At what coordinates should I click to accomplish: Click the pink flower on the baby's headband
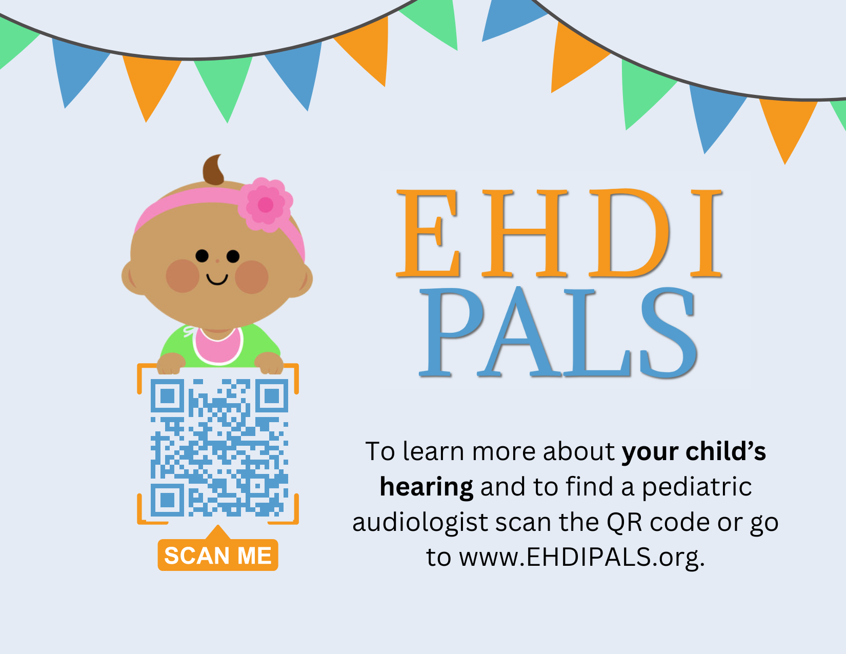pyautogui.click(x=265, y=205)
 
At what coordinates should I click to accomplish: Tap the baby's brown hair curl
pyautogui.click(x=213, y=170)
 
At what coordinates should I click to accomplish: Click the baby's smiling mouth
pyautogui.click(x=217, y=279)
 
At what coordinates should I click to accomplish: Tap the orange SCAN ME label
pyautogui.click(x=217, y=554)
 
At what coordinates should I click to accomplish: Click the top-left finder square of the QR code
pyautogui.click(x=168, y=396)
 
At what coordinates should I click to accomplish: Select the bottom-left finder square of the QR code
pyautogui.click(x=168, y=500)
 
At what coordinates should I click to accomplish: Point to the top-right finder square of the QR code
pyautogui.click(x=272, y=396)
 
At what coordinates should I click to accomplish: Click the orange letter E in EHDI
pyautogui.click(x=428, y=233)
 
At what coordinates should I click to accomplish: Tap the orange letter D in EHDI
pyautogui.click(x=629, y=233)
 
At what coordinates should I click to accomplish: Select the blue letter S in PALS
pyautogui.click(x=668, y=332)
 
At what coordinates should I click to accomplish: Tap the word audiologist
pyautogui.click(x=420, y=522)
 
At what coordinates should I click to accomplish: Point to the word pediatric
pyautogui.click(x=696, y=487)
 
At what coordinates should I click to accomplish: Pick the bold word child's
pyautogui.click(x=726, y=451)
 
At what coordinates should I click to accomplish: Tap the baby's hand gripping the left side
pyautogui.click(x=171, y=364)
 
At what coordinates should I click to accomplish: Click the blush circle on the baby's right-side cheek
pyautogui.click(x=252, y=277)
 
